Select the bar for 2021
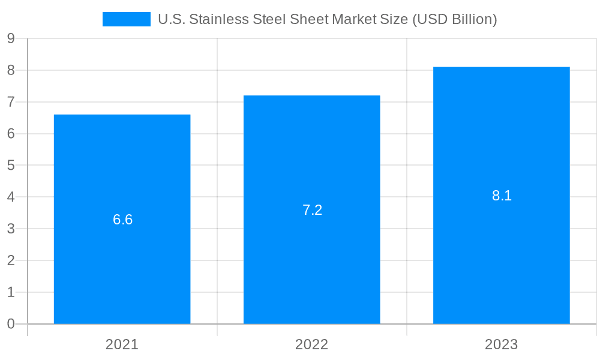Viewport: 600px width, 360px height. [122, 252]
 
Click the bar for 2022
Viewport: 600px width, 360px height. [312, 252]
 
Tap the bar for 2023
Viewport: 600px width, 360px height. [502, 252]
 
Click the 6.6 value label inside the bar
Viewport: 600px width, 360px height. [122, 220]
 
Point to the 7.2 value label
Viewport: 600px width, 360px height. [312, 210]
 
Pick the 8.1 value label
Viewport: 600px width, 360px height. [502, 196]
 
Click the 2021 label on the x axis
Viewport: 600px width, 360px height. [122, 344]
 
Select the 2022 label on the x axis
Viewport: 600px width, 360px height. [311, 344]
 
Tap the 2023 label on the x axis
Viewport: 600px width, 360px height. [501, 344]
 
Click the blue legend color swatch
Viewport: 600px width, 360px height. [127, 19]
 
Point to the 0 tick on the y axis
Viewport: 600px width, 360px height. [10, 324]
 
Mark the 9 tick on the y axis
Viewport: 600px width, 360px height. [10, 38]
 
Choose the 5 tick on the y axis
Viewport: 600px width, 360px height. [10, 166]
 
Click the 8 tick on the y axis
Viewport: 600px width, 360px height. [10, 70]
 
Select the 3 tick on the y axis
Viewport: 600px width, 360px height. [10, 229]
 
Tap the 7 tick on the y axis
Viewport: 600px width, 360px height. [10, 102]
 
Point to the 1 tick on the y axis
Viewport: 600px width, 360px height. [10, 292]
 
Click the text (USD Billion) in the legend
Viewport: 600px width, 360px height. [455, 19]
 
